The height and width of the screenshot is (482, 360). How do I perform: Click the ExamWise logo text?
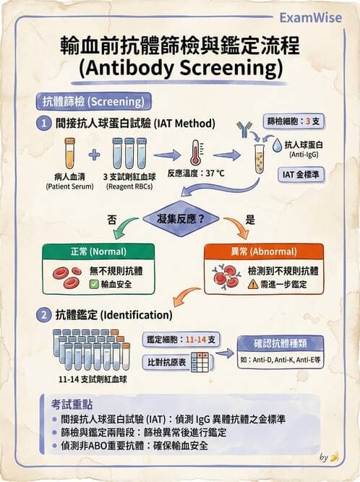[311, 18]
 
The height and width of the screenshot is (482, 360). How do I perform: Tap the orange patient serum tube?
[70, 153]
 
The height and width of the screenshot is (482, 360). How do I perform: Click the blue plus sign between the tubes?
[95, 155]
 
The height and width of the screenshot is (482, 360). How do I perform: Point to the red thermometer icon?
[196, 152]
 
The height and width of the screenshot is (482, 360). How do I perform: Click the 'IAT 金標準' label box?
[301, 175]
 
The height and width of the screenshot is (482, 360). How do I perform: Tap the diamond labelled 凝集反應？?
[181, 219]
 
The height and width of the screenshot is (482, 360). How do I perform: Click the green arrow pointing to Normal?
[124, 228]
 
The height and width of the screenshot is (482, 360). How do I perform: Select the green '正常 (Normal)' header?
[98, 251]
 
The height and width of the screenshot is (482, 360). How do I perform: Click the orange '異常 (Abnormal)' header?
[264, 251]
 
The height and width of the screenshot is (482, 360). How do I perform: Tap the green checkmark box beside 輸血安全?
[93, 284]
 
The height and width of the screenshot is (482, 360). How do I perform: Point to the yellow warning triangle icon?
[253, 284]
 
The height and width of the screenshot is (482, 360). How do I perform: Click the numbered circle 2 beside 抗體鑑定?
[43, 315]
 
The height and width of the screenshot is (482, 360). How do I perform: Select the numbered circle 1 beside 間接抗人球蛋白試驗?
[43, 124]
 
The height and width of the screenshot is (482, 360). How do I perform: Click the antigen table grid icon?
[200, 362]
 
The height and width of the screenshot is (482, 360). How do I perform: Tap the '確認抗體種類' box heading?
[280, 343]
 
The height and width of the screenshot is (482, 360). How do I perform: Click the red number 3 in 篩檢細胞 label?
[308, 121]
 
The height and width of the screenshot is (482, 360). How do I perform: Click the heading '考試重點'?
[72, 405]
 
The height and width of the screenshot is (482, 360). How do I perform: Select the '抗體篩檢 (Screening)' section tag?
[93, 101]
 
